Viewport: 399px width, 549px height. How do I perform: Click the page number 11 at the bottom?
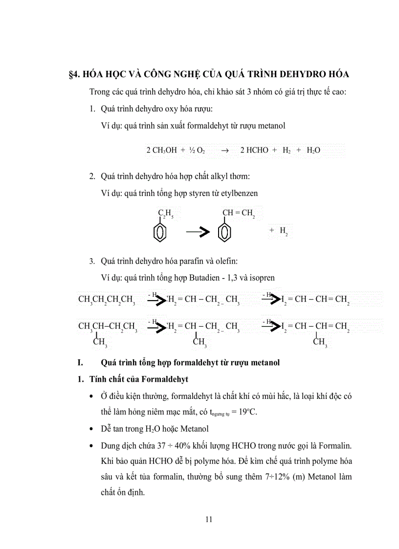209,519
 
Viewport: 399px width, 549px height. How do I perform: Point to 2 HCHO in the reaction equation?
254,151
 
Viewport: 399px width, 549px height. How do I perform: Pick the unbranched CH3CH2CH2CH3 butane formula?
107,300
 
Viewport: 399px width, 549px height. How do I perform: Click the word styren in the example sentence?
210,193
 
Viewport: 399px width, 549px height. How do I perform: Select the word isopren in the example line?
263,278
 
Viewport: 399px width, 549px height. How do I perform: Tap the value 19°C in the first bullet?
247,412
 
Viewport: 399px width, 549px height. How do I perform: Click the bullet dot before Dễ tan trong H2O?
91,430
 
